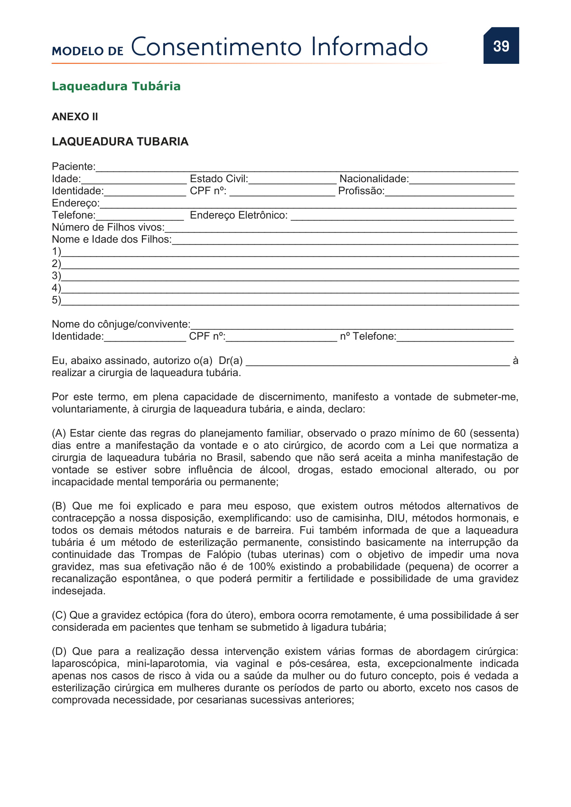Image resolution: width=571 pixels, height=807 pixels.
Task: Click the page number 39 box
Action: click(x=501, y=46)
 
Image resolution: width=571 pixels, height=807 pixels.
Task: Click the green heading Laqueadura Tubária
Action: click(x=116, y=86)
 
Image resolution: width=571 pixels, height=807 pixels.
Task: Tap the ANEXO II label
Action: click(x=75, y=117)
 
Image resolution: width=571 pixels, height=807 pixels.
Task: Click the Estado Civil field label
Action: click(x=219, y=179)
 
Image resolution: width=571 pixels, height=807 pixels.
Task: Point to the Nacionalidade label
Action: click(x=374, y=179)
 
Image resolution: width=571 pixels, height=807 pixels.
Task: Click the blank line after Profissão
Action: click(x=449, y=192)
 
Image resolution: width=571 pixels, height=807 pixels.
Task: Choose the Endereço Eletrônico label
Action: click(x=239, y=215)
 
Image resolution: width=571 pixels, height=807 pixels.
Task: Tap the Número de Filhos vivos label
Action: click(x=108, y=227)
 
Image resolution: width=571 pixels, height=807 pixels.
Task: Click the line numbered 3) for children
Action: click(x=290, y=277)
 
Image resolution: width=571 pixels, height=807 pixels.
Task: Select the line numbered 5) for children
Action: click(x=290, y=302)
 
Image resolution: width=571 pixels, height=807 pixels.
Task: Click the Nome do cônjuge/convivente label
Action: click(x=121, y=324)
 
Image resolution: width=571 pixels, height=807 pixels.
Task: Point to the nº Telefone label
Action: click(x=368, y=336)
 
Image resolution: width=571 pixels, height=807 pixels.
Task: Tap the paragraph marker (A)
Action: click(x=59, y=433)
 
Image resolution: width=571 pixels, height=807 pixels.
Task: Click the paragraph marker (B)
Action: click(x=59, y=506)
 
